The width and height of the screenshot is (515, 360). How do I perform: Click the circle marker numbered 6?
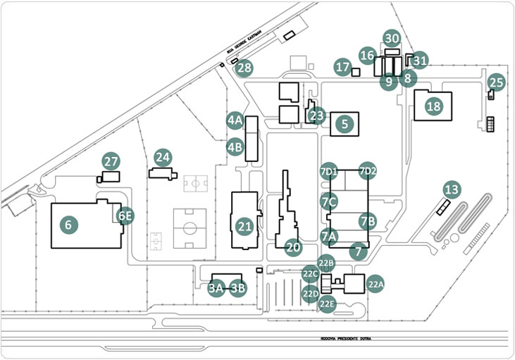tap(68, 225)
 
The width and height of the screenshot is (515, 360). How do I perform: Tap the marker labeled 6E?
tap(125, 216)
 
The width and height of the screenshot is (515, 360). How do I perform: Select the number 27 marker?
tap(111, 161)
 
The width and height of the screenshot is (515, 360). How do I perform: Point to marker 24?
tap(163, 156)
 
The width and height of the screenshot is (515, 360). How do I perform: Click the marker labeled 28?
tap(244, 68)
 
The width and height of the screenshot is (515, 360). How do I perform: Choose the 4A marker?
tap(235, 121)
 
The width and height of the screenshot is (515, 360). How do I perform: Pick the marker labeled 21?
tap(244, 226)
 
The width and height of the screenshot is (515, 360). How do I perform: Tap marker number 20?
tap(293, 247)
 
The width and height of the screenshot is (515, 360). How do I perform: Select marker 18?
tap(433, 106)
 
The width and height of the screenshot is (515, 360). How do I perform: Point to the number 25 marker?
tap(497, 82)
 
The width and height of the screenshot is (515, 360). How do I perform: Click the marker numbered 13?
tap(452, 189)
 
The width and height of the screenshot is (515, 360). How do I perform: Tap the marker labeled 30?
tap(392, 39)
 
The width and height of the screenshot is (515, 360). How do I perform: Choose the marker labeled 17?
tap(343, 68)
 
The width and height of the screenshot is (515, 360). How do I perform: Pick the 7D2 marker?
tap(368, 170)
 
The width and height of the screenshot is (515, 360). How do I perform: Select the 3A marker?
tap(216, 287)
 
